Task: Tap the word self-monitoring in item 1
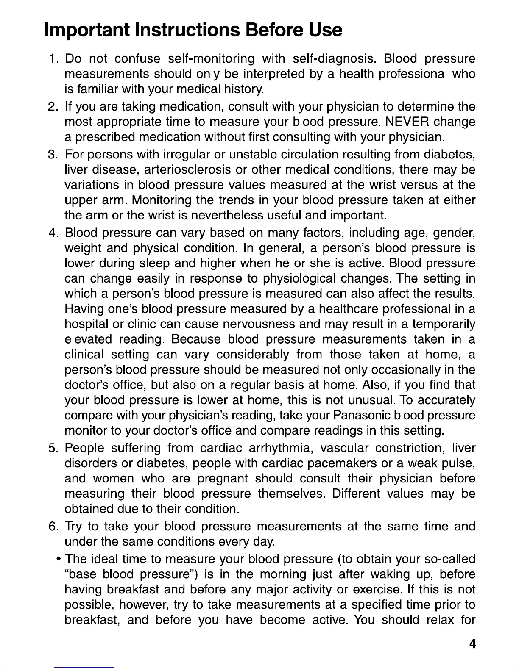click(211, 58)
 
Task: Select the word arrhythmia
click(280, 448)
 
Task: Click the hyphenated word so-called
click(449, 559)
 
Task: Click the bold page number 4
click(472, 644)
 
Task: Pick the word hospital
click(87, 324)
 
